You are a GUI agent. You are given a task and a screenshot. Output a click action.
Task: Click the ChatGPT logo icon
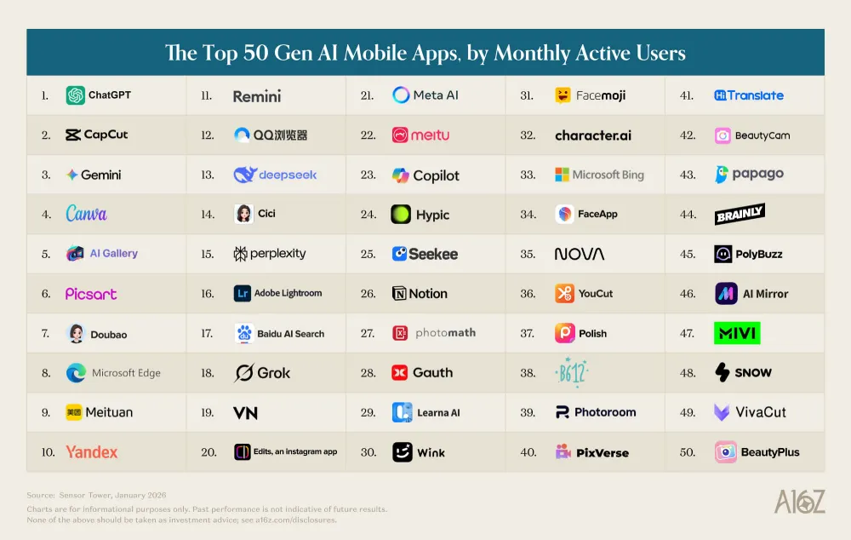[76, 95]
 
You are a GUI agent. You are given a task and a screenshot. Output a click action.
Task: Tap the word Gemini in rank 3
[100, 175]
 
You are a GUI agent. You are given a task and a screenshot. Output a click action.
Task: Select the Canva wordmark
[87, 214]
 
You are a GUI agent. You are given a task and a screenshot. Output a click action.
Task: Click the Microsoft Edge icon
[76, 373]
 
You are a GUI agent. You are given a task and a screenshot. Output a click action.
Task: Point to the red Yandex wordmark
[92, 452]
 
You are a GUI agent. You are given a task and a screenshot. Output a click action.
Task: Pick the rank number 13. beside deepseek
[207, 175]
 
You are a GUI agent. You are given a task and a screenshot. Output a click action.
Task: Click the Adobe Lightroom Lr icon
[243, 293]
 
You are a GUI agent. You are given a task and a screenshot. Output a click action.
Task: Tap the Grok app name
[273, 373]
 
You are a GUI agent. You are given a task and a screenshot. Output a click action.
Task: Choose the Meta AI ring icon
[401, 95]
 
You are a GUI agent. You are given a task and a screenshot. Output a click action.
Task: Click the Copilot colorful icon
[401, 175]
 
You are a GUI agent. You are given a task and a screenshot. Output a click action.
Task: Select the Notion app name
[427, 293]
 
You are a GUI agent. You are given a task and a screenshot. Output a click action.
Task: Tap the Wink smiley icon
[402, 452]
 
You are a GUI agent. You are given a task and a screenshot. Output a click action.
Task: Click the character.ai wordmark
[593, 135]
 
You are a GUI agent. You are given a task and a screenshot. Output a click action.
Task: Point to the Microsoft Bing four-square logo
[562, 175]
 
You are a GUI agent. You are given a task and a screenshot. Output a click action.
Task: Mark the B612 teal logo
[571, 373]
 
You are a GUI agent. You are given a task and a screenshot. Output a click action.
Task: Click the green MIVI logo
[736, 333]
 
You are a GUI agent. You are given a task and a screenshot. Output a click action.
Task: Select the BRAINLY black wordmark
[740, 214]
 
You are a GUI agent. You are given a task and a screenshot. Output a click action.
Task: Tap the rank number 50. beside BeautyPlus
[688, 452]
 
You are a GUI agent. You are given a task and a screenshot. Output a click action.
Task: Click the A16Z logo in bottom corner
[799, 503]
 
